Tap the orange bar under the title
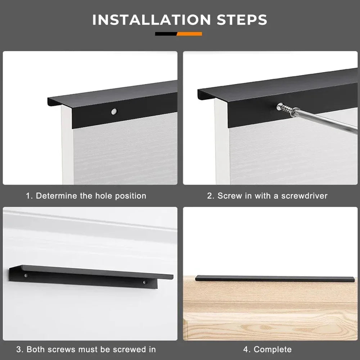coord(190,34)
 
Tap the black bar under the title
coord(166,34)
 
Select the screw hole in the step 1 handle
coord(114,112)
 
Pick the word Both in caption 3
coord(35,349)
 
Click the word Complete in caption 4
coord(273,349)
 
